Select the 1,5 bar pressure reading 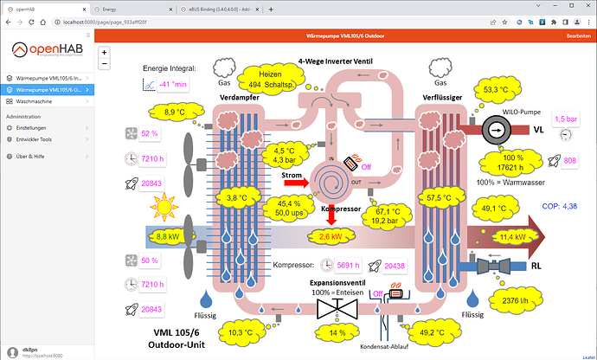(566, 119)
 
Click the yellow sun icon (163, 208)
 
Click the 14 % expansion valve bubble (337, 331)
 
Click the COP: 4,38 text (559, 206)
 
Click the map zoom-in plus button (105, 53)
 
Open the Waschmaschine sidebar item (41, 101)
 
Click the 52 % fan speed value (150, 134)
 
